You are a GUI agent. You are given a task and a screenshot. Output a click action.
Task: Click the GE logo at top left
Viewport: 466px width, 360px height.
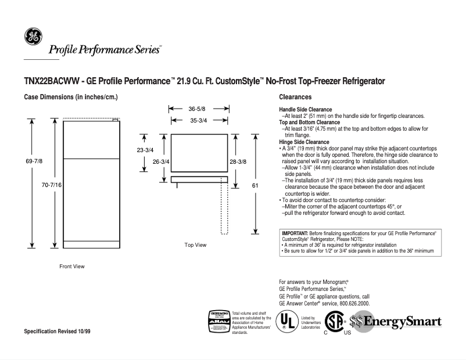tap(33, 36)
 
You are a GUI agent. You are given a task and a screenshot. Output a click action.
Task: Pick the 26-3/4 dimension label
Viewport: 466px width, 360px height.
tap(160, 161)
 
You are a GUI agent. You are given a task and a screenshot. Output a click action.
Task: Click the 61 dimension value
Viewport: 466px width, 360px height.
tap(255, 185)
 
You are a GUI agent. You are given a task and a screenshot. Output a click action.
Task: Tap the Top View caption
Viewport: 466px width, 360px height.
tap(195, 245)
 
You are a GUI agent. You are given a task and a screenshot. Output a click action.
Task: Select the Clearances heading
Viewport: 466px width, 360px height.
tap(295, 97)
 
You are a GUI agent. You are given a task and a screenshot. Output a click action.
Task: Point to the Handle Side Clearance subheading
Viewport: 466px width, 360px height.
tap(306, 110)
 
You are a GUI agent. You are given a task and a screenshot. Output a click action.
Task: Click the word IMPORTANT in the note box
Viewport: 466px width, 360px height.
tap(295, 233)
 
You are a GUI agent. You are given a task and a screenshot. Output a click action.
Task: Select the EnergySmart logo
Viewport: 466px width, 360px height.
tap(395, 322)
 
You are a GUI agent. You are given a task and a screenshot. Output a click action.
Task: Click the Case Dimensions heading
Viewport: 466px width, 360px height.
tap(70, 97)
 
